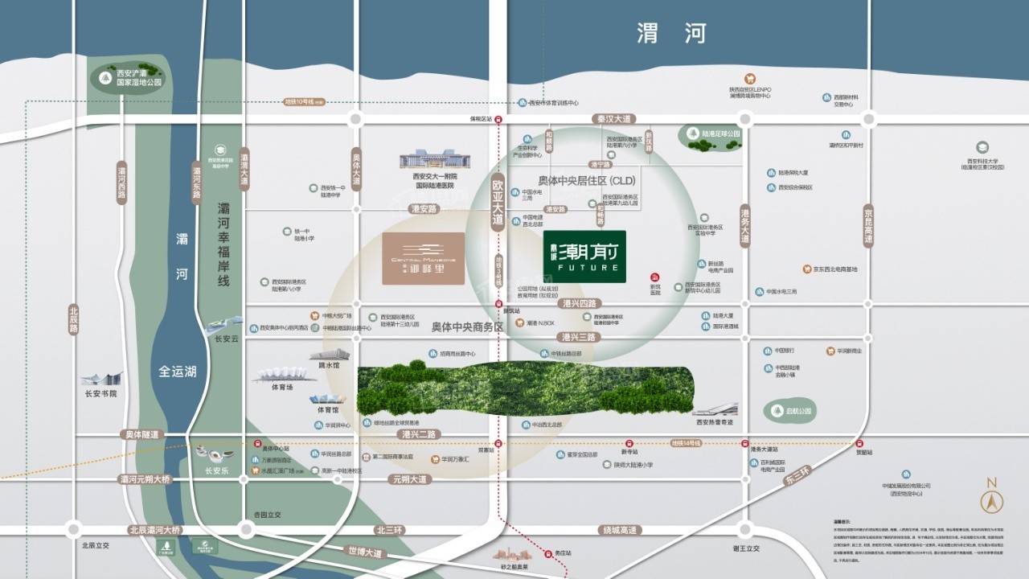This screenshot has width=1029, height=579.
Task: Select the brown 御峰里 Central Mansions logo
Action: pyautogui.click(x=423, y=259)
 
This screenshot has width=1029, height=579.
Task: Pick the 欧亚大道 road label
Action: pyautogui.click(x=498, y=201)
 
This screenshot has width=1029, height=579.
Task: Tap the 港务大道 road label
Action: pyautogui.click(x=745, y=225)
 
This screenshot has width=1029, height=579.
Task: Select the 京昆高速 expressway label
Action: pyautogui.click(x=867, y=225)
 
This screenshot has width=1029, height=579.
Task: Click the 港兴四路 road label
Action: pyautogui.click(x=581, y=304)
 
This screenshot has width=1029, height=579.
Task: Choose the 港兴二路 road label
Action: pyautogui.click(x=419, y=434)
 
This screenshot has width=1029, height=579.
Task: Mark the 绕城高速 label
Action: pyautogui.click(x=620, y=530)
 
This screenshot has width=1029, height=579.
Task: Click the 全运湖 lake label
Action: pyautogui.click(x=178, y=372)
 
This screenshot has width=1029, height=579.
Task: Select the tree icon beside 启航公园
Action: pyautogui.click(x=777, y=411)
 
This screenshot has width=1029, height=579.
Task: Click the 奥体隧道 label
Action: pyautogui.click(x=142, y=434)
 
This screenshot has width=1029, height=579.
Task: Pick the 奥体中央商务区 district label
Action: pyautogui.click(x=466, y=327)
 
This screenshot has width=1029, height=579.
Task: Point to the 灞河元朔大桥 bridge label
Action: pyautogui.click(x=145, y=479)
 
